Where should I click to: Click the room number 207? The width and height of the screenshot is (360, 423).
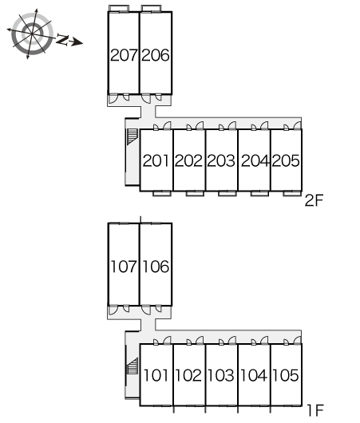point(124,55)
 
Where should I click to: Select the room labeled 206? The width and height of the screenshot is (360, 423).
point(156,55)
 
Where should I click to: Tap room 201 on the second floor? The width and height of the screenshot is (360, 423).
point(156,160)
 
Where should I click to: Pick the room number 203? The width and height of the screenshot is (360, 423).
point(221,160)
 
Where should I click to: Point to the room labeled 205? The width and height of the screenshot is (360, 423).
point(286,160)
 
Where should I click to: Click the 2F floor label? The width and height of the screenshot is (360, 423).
point(314,200)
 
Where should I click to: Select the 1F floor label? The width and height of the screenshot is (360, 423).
point(315,410)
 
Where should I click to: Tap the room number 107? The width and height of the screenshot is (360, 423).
point(124,267)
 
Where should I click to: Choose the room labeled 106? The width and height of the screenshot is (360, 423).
point(156,267)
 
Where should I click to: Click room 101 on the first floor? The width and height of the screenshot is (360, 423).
point(156,375)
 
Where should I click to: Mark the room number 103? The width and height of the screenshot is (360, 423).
point(221,375)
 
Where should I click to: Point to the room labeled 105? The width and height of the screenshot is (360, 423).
point(286,375)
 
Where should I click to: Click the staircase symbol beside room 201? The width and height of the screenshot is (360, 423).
point(133,136)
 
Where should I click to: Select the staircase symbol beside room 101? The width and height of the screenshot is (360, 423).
point(133,366)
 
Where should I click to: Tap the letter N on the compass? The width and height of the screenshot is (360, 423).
point(62,40)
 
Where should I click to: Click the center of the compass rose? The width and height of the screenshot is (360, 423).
point(33,34)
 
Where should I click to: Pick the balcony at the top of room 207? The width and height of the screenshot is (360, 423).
point(119,8)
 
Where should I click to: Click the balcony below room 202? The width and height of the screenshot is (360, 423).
point(195,193)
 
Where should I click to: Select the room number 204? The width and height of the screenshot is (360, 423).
point(255,160)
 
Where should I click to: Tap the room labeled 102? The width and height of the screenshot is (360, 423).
point(188,375)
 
